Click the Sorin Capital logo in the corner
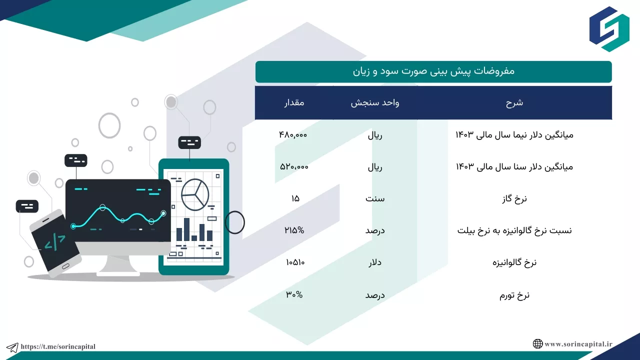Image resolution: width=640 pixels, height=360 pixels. [x=609, y=29]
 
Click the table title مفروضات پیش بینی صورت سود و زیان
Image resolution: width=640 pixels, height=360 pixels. [x=433, y=71]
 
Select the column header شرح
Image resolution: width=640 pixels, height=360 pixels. [x=514, y=103]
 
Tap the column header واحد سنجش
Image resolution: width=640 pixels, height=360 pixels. [x=375, y=103]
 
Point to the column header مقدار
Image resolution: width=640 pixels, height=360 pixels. [x=294, y=102]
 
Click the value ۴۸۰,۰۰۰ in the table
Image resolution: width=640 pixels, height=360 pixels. [x=293, y=134]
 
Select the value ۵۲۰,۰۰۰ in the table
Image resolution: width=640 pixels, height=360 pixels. [x=294, y=166]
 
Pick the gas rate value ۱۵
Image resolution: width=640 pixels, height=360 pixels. [x=295, y=198]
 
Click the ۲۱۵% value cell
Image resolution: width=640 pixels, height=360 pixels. [x=294, y=230]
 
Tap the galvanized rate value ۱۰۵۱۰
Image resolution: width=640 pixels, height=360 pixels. [x=295, y=262]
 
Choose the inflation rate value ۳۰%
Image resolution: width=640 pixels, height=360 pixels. [x=294, y=294]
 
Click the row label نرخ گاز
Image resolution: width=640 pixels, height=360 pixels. [x=514, y=199]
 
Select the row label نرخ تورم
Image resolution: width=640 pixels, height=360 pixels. [x=514, y=295]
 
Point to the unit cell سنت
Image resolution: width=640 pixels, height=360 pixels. [x=375, y=198]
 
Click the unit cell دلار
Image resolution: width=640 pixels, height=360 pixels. [x=375, y=262]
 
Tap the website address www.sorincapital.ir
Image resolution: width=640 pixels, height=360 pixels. [x=578, y=344]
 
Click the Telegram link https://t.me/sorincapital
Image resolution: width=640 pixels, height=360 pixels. [x=58, y=346]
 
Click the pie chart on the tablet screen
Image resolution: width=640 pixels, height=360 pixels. [x=195, y=194]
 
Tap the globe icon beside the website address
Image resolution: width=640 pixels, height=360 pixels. [x=537, y=343]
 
